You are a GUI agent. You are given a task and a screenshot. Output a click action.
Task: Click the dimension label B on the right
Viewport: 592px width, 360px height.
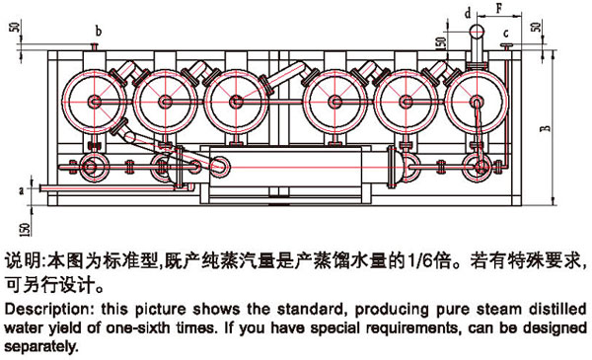pos(546,128)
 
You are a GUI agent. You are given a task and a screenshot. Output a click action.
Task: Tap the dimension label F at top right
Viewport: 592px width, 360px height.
pos(499,8)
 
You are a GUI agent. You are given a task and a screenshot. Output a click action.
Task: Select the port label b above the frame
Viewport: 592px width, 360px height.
pos(99,31)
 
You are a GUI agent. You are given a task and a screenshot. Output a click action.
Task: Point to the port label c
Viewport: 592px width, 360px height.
pos(506,34)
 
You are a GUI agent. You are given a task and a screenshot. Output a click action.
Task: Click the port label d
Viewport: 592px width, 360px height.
pos(468,14)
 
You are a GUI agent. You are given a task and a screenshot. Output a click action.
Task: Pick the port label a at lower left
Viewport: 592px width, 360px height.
pos(22,189)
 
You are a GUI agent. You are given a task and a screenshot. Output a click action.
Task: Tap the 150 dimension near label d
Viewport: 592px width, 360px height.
pos(441,42)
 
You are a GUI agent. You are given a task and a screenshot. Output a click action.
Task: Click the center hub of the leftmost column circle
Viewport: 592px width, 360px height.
pos(95,102)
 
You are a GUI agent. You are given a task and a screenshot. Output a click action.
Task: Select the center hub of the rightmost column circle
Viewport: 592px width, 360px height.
pos(477,102)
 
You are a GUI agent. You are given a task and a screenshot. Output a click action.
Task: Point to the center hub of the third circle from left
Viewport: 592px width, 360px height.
pos(237,102)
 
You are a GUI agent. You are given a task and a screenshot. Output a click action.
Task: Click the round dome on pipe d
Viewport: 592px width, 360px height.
pos(477,31)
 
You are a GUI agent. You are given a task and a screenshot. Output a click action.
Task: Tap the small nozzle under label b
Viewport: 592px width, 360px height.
pos(94,46)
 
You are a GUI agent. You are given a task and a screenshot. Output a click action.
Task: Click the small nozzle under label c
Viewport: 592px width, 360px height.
pos(506,46)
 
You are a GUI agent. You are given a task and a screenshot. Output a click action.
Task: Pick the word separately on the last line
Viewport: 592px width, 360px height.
pos(41,346)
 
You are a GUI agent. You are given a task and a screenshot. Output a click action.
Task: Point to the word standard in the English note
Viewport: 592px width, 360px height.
pos(310,310)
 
